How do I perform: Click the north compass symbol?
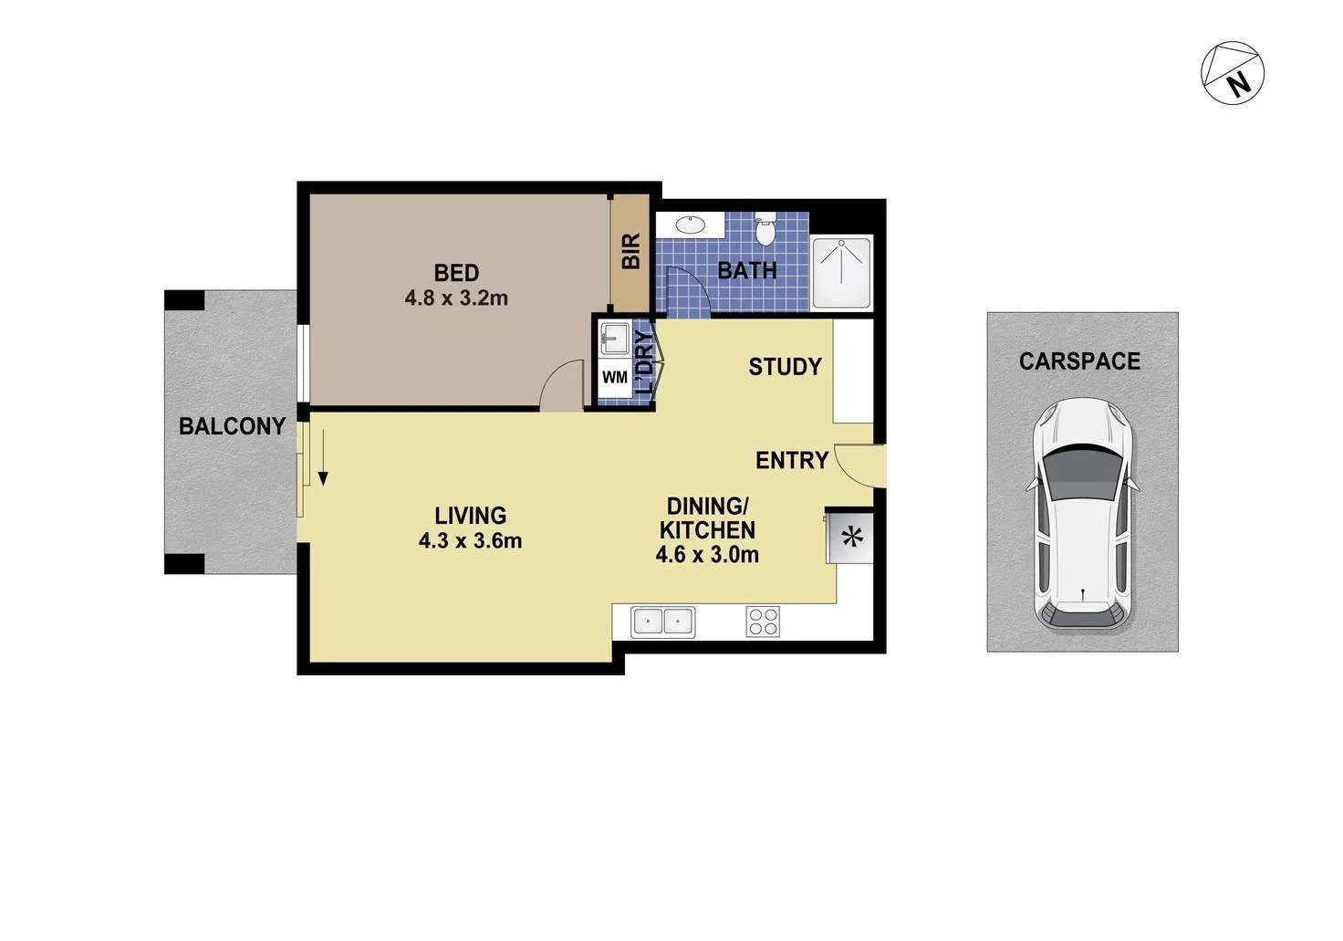pos(1233,73)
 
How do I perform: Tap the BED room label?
pos(456,272)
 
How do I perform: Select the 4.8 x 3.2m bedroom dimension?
pos(456,298)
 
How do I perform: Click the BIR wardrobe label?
pos(630,251)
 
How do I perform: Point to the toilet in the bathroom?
pos(765,230)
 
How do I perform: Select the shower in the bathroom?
pos(842,271)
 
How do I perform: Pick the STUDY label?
pos(785,367)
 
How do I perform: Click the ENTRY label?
pos(791,461)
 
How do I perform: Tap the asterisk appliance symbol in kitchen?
pos(852,538)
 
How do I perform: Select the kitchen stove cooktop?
pos(763,622)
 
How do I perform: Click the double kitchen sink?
pos(663,622)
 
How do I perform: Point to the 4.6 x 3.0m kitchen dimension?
pos(707,554)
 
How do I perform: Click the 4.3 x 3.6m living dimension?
pos(470,540)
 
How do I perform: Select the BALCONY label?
pos(232,426)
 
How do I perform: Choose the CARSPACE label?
pos(1079,361)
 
